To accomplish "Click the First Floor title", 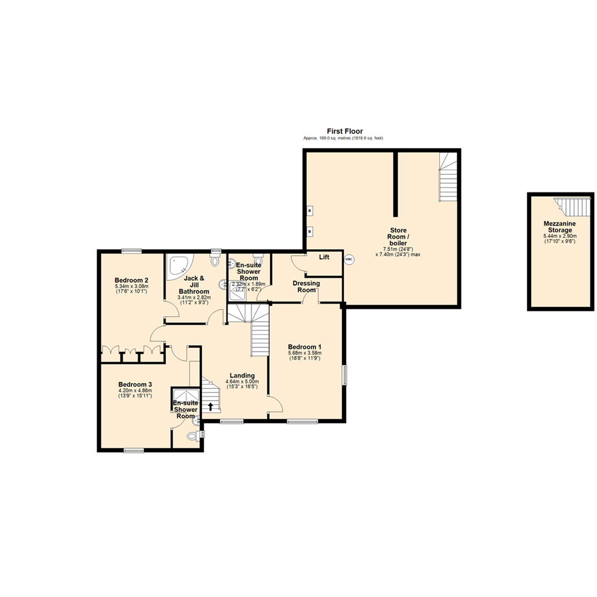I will click(344, 131).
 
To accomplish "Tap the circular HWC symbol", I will click(349, 259).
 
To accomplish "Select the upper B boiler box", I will click(310, 211).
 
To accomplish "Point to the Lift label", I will click(324, 257).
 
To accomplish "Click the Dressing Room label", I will click(307, 286).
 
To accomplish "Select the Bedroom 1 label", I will click(305, 347).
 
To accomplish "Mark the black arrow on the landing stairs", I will click(210, 407).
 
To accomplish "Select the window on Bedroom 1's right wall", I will click(345, 374).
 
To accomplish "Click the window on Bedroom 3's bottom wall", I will click(134, 451).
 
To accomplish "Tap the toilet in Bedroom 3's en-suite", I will click(192, 436).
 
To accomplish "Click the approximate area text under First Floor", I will click(343, 138).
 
